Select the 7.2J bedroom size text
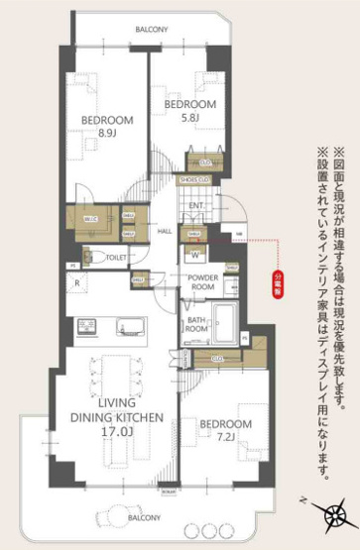(x=225, y=436)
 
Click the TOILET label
(x=116, y=258)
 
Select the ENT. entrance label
(x=196, y=205)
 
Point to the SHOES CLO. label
(x=194, y=179)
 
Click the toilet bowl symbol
(x=91, y=257)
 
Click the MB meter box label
(x=237, y=235)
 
